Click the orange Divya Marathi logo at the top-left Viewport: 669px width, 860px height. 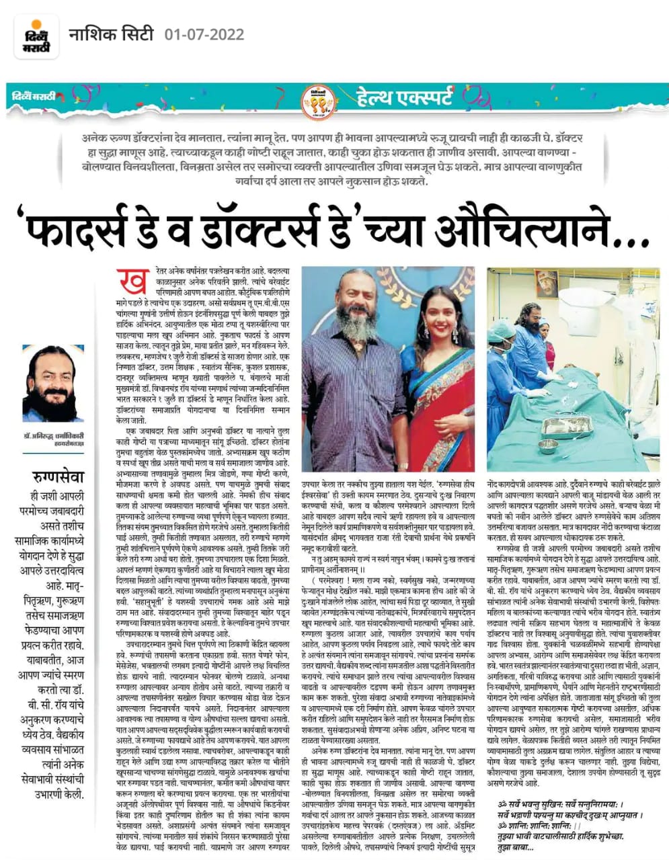(x=34, y=33)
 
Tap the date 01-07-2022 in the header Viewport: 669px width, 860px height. (x=204, y=34)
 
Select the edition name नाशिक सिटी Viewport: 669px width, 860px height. (x=112, y=34)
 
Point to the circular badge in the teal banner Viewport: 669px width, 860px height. (x=317, y=100)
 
